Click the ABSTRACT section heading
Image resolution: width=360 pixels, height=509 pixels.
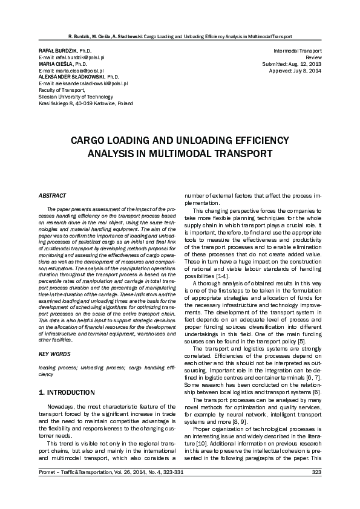tap(49, 196)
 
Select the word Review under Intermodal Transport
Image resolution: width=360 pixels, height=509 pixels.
tap(313, 57)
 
